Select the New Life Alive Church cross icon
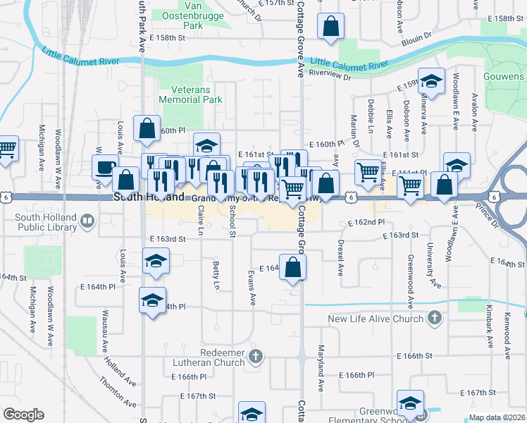point(435,319)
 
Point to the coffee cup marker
point(105,168)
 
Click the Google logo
point(23,415)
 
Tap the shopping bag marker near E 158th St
point(330,27)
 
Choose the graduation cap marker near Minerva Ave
point(430,82)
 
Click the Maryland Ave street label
point(320,376)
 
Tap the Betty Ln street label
point(216,275)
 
